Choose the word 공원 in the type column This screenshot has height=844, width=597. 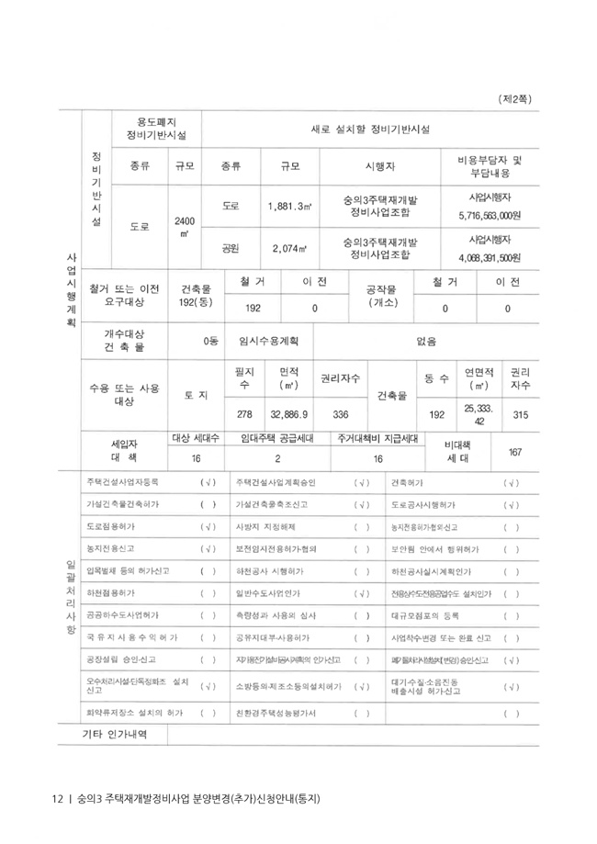click(x=231, y=248)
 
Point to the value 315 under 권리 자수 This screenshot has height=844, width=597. click(x=520, y=414)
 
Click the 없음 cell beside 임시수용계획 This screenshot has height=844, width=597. click(x=425, y=342)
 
